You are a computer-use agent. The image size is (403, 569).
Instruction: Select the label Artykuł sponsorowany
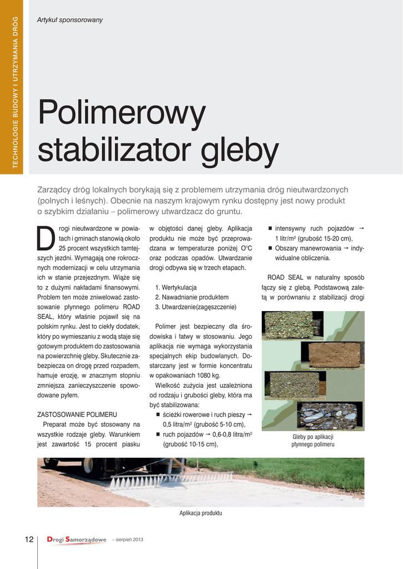pyautogui.click(x=69, y=20)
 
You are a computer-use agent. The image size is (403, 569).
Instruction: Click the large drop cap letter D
pyautogui.click(x=46, y=238)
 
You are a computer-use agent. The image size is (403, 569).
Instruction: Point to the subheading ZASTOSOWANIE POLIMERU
pyautogui.click(x=76, y=415)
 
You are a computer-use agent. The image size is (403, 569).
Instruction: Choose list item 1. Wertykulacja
pyautogui.click(x=176, y=287)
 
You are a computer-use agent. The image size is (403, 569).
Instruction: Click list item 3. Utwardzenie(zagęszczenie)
pyautogui.click(x=195, y=307)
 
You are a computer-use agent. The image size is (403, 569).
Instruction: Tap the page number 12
pyautogui.click(x=29, y=539)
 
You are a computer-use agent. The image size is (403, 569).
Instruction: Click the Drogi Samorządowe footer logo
pyautogui.click(x=76, y=539)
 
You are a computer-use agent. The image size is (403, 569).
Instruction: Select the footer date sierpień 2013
pyautogui.click(x=129, y=540)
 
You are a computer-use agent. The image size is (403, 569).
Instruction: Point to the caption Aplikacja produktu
pyautogui.click(x=201, y=513)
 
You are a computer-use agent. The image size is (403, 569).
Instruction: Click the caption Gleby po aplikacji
pyautogui.click(x=312, y=437)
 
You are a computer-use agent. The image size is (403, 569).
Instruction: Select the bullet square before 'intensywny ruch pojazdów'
pyautogui.click(x=270, y=228)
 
